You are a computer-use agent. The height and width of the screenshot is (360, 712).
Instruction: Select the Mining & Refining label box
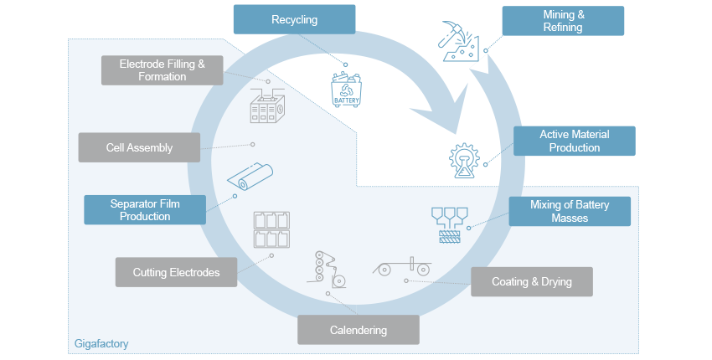[x=562, y=21]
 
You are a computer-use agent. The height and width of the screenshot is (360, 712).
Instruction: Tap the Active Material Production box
[x=574, y=141]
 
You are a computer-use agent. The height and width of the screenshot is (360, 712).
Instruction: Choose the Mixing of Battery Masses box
[x=570, y=211]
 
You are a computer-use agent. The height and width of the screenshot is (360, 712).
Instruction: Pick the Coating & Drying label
[x=531, y=281]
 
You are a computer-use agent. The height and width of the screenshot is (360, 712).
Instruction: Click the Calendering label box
[x=358, y=329]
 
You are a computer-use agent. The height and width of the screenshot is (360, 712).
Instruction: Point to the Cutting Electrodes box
[x=176, y=272]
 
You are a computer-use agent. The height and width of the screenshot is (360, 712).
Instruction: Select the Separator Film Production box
[x=145, y=209]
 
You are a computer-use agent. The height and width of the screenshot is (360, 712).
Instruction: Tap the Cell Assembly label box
[x=139, y=147]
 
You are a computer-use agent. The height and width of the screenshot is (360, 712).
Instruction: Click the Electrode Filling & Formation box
[x=163, y=70]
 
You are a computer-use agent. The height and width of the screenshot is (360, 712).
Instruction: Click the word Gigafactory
[x=100, y=344]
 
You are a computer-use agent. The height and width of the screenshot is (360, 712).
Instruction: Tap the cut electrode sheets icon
[x=271, y=229]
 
